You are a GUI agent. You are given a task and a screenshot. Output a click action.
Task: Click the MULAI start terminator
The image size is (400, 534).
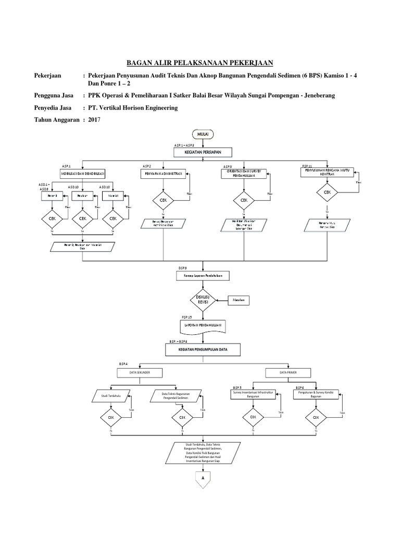coord(202,135)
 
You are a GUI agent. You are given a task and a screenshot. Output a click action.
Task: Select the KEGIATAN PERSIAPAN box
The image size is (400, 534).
coord(202,152)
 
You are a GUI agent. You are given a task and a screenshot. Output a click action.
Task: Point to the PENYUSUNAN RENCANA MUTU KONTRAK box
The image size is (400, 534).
coord(327,173)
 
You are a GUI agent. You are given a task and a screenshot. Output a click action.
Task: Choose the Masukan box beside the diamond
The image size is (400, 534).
coord(239,301)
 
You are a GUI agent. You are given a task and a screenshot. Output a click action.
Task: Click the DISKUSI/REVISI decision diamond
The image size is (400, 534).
coord(202,300)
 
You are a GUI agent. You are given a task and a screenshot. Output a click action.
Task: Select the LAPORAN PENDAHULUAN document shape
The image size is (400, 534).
coord(202,326)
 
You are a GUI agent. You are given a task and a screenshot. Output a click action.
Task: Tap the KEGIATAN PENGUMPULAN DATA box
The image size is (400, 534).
coord(202,349)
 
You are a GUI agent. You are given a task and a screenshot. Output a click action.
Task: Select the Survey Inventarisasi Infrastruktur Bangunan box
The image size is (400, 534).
coord(253,395)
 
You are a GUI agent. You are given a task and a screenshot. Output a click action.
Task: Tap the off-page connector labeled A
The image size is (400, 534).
coord(202,478)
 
